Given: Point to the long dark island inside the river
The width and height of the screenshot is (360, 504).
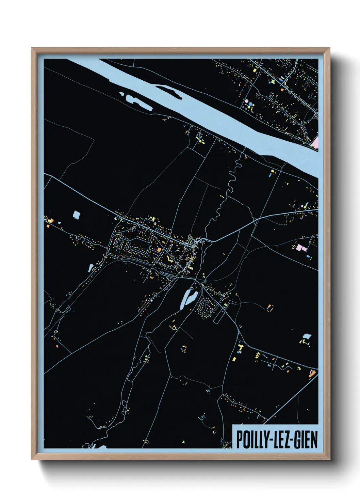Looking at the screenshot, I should (x=169, y=91).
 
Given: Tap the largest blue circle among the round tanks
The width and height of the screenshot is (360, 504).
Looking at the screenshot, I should (x=251, y=103).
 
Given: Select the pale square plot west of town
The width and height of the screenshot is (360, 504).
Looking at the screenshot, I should (x=77, y=215).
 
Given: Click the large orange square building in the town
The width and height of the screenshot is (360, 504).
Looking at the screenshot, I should (x=159, y=250).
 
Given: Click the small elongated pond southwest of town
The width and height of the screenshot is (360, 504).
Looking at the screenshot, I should (x=91, y=268).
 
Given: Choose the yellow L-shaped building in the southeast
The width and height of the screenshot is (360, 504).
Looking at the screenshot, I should (x=240, y=348).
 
